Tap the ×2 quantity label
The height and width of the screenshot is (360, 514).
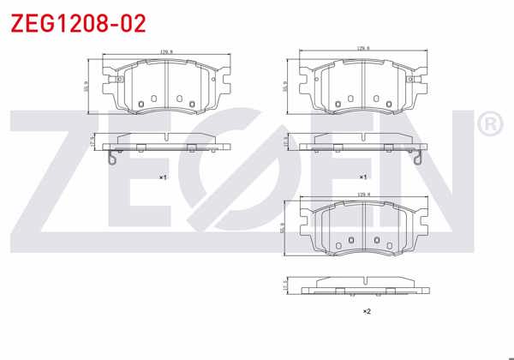tap(367, 310)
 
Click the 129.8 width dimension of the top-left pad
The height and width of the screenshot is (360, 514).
tap(167, 52)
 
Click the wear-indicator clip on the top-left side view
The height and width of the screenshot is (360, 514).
tap(109, 156)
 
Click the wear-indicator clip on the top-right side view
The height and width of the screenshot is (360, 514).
tap(415, 156)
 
